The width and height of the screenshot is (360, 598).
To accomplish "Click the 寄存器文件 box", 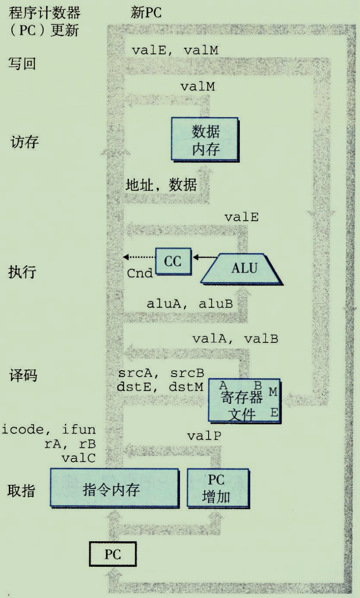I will [244, 400].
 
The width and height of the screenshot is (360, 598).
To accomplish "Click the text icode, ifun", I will [49, 429].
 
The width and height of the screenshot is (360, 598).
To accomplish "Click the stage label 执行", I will [23, 273].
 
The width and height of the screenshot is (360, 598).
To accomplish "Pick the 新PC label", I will [146, 12].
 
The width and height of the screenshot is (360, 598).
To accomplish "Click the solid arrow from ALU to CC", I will [206, 257].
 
